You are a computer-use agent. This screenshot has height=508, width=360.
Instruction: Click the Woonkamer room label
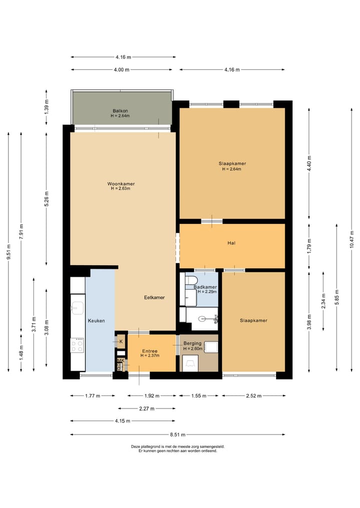pyautogui.click(x=121, y=184)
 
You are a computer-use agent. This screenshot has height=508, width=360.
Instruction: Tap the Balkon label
pyautogui.click(x=120, y=111)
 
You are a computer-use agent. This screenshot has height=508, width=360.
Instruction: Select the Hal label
pyautogui.click(x=231, y=243)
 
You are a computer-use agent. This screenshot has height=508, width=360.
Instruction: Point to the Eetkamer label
pyautogui.click(x=154, y=297)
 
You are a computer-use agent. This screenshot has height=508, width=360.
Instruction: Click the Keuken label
pyautogui.click(x=96, y=321)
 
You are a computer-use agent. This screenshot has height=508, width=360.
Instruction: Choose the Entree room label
pyautogui.click(x=150, y=351)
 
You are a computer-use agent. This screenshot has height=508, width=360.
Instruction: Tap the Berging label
pyautogui.click(x=192, y=344)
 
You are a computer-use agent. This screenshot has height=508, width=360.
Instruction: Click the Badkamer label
pyautogui.click(x=205, y=287)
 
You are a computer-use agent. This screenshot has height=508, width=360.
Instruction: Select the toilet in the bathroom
pyautogui.click(x=191, y=280)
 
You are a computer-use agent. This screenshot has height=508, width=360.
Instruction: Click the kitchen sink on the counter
pyautogui.click(x=77, y=308)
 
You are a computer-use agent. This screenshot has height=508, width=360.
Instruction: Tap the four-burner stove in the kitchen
pyautogui.click(x=77, y=345)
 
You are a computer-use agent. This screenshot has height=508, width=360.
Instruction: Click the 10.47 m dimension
pyautogui.click(x=352, y=240)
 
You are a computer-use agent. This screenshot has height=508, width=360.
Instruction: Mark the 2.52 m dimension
pyautogui.click(x=254, y=396)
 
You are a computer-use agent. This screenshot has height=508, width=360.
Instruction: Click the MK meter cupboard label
pyautogui.click(x=120, y=361)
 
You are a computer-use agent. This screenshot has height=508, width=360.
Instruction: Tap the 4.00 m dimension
pyautogui.click(x=121, y=69)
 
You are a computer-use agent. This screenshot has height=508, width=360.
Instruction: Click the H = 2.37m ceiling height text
pyautogui.click(x=150, y=356)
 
